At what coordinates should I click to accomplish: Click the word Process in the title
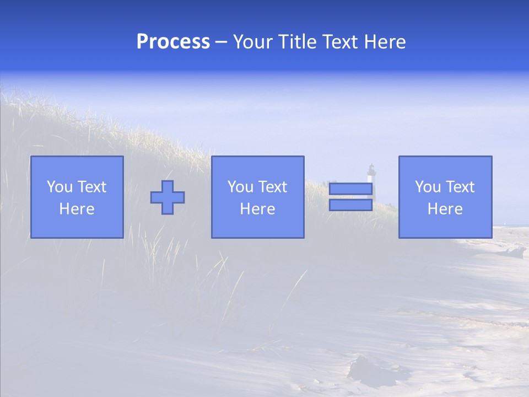pyautogui.click(x=173, y=42)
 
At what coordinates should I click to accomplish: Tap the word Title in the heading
pyautogui.click(x=296, y=42)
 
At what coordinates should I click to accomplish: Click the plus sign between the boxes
pyautogui.click(x=168, y=197)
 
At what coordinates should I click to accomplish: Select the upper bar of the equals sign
pyautogui.click(x=350, y=189)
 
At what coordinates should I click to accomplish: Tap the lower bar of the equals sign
pyautogui.click(x=350, y=205)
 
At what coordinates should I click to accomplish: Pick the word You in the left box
pyautogui.click(x=60, y=187)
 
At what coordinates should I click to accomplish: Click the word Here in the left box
pyautogui.click(x=77, y=209)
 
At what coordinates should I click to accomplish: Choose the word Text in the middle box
pyautogui.click(x=272, y=187)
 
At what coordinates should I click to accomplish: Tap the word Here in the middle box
pyautogui.click(x=257, y=209)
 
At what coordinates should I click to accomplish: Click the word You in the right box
pyautogui.click(x=428, y=187)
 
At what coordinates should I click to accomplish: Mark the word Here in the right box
pyautogui.click(x=445, y=209)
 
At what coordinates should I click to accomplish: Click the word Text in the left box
pyautogui.click(x=91, y=187)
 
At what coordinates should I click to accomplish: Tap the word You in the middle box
pyautogui.click(x=240, y=187)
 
